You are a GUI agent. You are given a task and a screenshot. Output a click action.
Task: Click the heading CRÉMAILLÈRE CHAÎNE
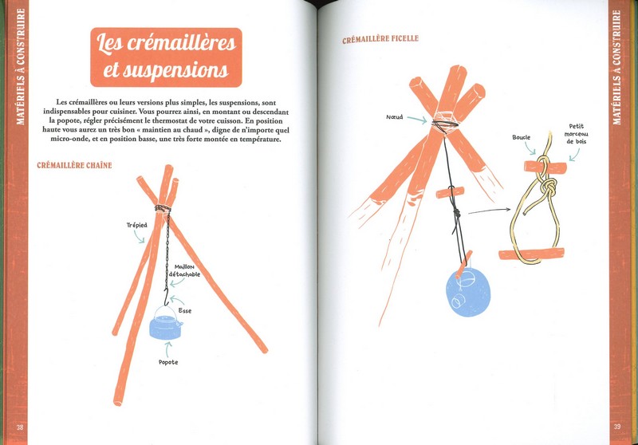(x=74, y=165)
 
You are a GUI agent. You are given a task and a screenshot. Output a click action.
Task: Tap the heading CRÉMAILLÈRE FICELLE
(x=380, y=39)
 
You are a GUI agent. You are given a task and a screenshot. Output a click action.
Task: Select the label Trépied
(x=136, y=225)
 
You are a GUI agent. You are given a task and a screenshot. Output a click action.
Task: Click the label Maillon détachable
(x=185, y=271)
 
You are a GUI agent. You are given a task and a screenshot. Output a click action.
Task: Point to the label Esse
(x=185, y=311)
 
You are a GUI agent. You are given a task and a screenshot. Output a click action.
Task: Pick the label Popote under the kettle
(x=168, y=362)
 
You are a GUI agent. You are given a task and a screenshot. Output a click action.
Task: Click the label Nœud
(x=394, y=117)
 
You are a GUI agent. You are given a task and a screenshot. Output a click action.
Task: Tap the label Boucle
(x=522, y=137)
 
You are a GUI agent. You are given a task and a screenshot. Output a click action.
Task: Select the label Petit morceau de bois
(x=576, y=134)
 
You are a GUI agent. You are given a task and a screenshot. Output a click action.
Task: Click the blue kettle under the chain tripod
(x=166, y=323)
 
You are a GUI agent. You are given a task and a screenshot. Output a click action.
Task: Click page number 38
(x=19, y=427)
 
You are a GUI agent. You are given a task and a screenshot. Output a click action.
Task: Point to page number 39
(x=617, y=427)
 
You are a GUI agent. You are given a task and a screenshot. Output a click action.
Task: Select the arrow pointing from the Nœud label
(x=417, y=119)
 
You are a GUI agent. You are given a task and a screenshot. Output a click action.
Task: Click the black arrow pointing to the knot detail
(x=489, y=211)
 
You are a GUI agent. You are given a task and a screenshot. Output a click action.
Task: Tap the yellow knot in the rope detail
(x=548, y=187)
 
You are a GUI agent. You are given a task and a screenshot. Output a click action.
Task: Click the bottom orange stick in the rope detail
(x=531, y=254)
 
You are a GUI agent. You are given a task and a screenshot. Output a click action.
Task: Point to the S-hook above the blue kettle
(x=166, y=297)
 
